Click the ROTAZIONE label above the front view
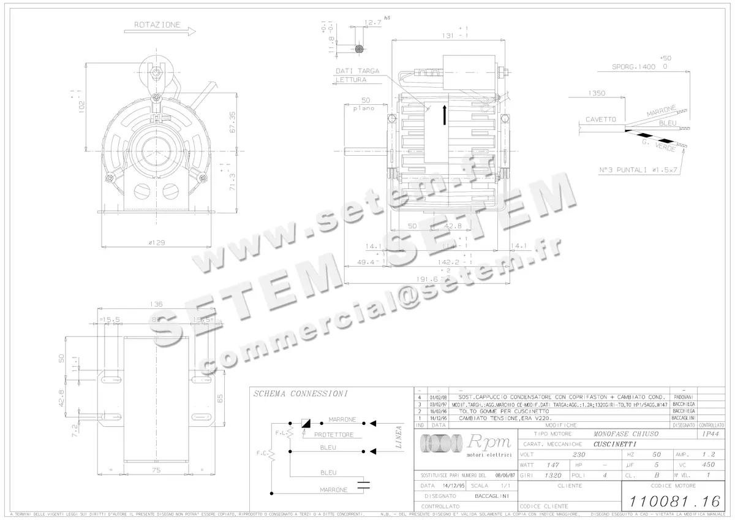tap(157, 25)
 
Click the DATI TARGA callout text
tap(357, 71)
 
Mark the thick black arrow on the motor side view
tap(445, 115)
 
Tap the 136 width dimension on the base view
tap(158, 304)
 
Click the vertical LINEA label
tap(399, 437)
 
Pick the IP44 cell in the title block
tap(709, 434)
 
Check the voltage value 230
tap(578, 455)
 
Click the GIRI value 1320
tap(553, 475)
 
